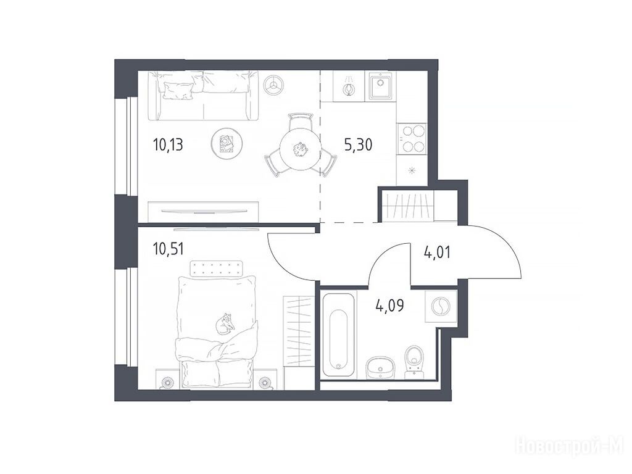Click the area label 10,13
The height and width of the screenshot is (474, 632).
pos(168,144)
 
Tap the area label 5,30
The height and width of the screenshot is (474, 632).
pos(358,144)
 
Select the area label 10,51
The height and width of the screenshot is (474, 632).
pos(168,249)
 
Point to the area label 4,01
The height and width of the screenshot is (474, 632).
pos(438,252)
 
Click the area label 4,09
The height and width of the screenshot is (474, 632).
pos(389,305)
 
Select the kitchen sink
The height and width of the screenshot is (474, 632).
pos(380,86)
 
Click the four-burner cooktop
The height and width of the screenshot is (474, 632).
pos(412,138)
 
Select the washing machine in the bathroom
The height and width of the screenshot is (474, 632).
pos(441,306)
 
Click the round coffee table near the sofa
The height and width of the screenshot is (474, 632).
pos(227,144)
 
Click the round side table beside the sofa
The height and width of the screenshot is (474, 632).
pos(273,85)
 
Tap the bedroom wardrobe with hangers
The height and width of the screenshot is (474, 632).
pos(299,331)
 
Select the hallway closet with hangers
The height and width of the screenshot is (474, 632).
pos(407,206)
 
